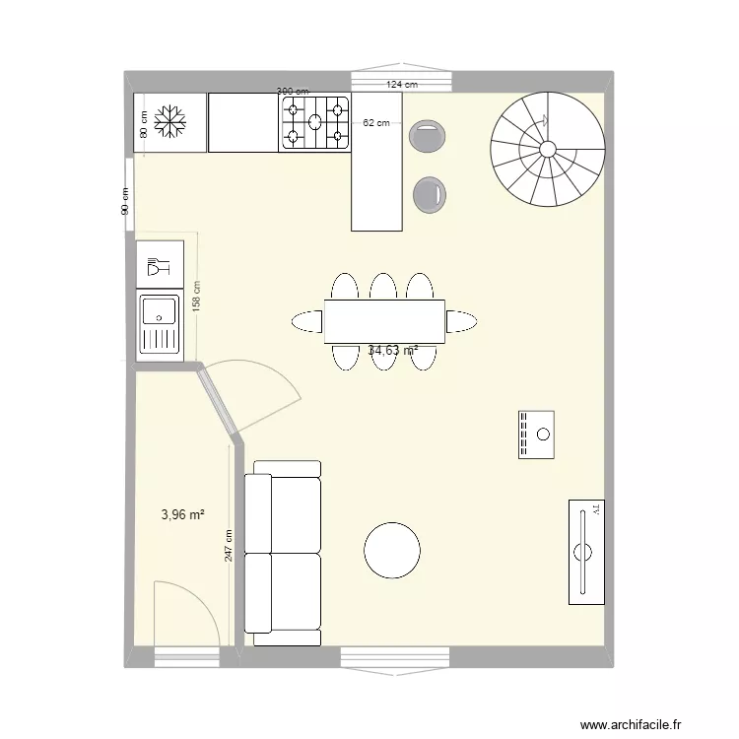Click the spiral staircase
click(548, 149)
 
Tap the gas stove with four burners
click(315, 122)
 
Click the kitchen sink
click(159, 323)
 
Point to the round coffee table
click(392, 551)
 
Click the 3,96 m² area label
click(182, 513)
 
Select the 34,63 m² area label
click(392, 350)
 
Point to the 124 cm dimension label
click(402, 86)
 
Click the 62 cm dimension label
click(375, 123)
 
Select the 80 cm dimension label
click(144, 125)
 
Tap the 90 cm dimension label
click(125, 202)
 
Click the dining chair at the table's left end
click(307, 321)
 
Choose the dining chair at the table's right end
click(461, 321)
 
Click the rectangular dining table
click(384, 321)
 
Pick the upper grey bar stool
click(428, 136)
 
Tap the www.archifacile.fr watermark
click(630, 725)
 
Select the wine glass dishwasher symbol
click(158, 266)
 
